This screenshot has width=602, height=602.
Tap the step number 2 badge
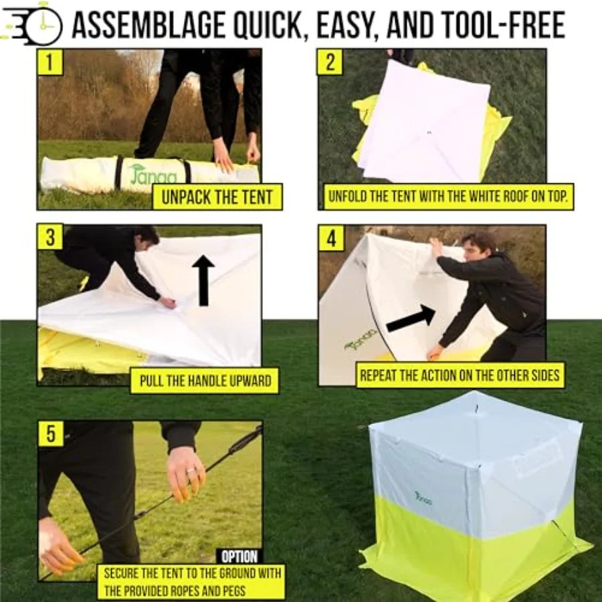(330, 63)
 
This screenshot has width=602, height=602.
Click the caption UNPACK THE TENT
(217, 197)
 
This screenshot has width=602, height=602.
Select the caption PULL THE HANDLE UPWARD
(205, 381)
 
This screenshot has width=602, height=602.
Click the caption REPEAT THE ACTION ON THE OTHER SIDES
(460, 375)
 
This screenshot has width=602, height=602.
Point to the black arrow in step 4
(411, 319)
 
